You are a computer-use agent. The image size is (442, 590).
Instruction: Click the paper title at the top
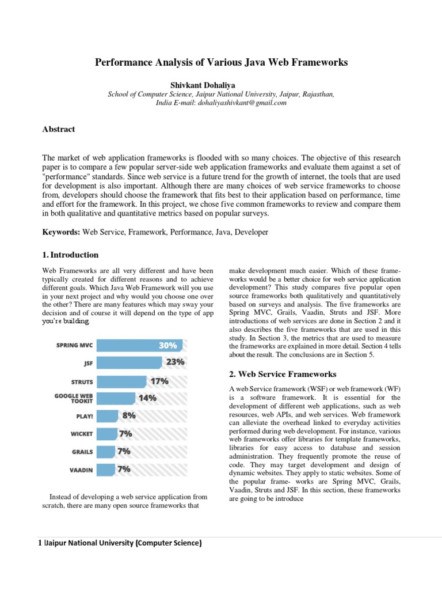221,62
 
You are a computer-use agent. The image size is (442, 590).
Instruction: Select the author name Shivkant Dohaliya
221,85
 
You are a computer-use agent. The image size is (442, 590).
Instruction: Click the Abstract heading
59,129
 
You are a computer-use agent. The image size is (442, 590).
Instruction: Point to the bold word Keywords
62,232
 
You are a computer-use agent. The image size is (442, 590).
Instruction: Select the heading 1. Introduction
70,255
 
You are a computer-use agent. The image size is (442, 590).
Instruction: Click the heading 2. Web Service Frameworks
283,375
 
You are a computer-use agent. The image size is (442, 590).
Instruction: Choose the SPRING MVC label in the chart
74,346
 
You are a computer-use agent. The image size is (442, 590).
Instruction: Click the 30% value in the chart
167,346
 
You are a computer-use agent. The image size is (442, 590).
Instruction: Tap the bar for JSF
129,362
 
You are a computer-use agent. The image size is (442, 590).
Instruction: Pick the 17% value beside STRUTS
159,381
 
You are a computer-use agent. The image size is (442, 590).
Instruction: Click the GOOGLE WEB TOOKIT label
74,398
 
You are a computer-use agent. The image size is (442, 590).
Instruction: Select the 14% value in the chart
147,398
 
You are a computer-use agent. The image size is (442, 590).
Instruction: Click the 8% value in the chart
129,415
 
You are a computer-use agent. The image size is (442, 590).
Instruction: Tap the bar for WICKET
106,433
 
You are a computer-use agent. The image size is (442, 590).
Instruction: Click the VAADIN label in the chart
81,470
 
